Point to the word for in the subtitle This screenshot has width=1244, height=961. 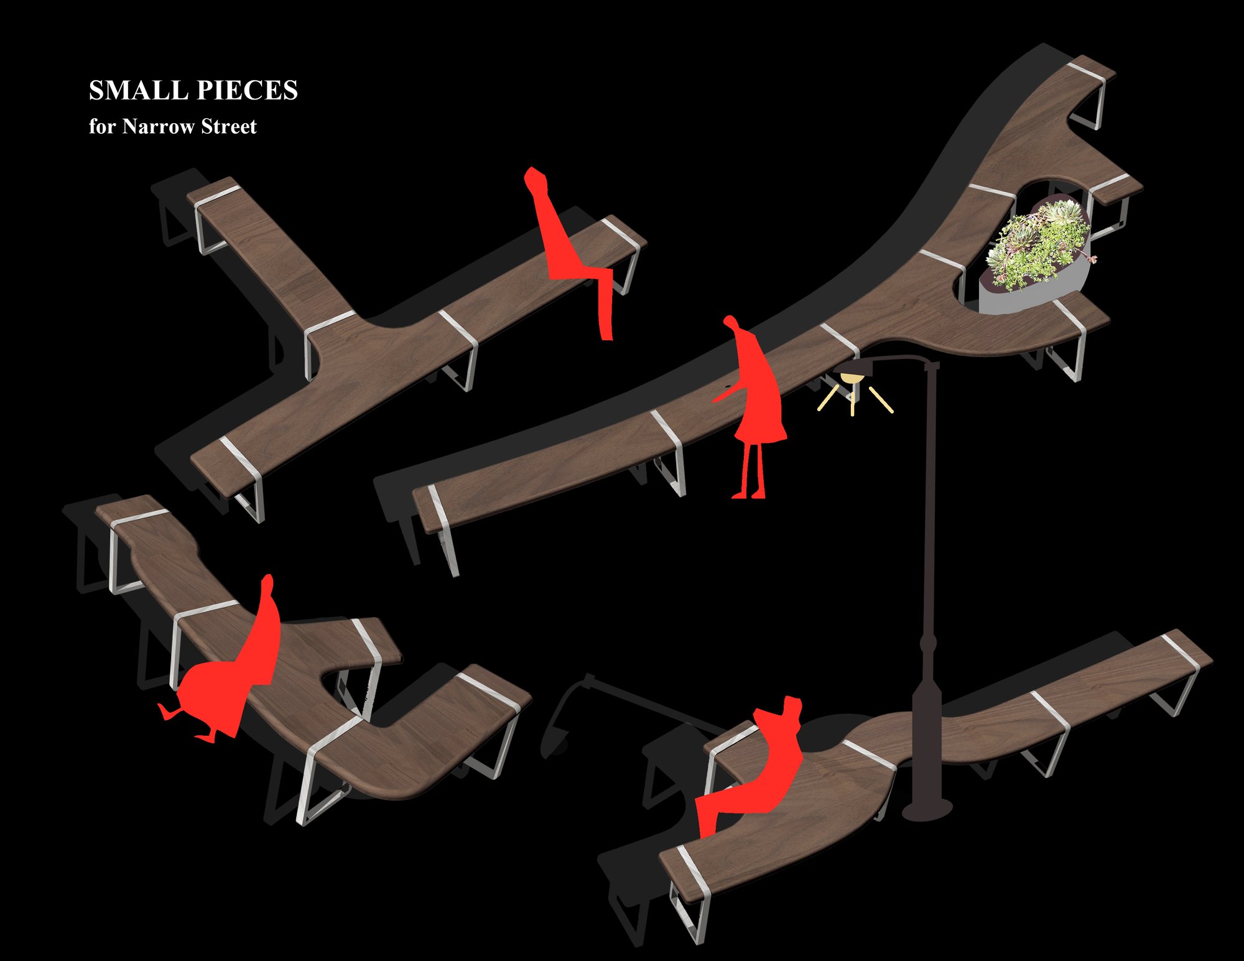coord(103,126)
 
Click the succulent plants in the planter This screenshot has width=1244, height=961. coord(1040,244)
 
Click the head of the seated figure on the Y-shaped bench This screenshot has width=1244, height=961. coord(535,179)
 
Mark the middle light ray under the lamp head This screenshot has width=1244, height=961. coord(853,401)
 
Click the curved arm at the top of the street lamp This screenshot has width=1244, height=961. coord(896,358)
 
